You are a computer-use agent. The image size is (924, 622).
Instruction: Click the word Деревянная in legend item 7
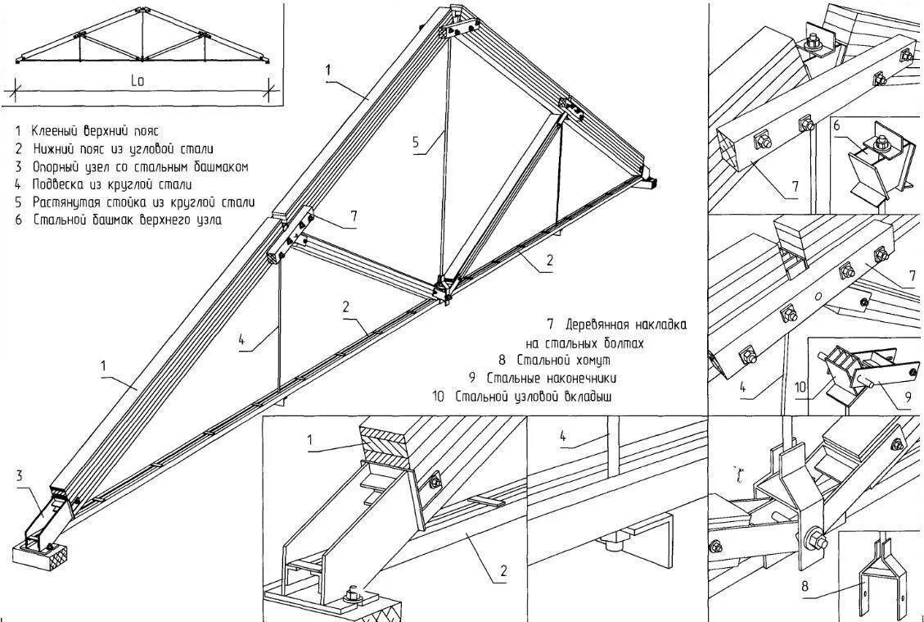click(602, 325)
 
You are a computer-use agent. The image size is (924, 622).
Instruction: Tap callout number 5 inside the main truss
click(417, 143)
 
